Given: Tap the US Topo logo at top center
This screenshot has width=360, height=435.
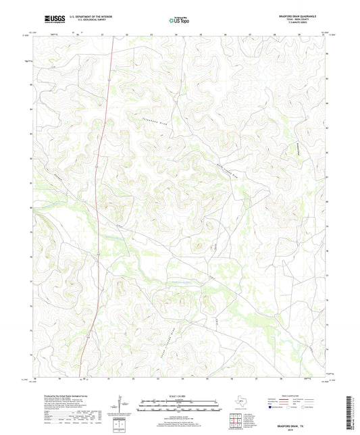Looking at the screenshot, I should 178,20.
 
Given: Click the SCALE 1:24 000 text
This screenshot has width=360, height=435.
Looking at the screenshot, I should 179,395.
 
